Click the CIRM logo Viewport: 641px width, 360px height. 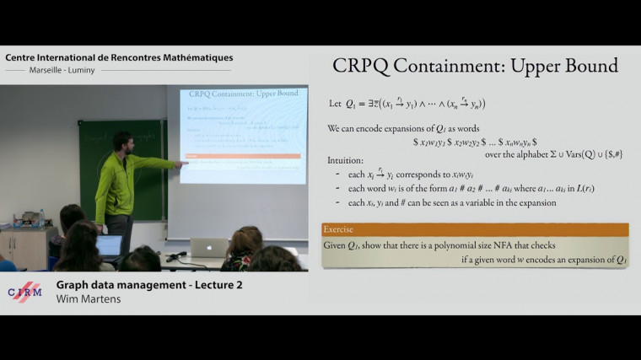tap(24, 292)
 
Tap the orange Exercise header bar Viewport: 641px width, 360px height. tap(475, 229)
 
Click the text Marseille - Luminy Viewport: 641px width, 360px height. tap(62, 70)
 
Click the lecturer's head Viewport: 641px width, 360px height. tap(123, 141)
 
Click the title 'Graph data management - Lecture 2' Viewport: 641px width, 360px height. tap(149, 285)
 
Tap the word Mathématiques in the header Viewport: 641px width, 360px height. tap(195, 57)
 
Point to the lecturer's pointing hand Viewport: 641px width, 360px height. tap(181, 164)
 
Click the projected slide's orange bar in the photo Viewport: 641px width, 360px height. tap(243, 156)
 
